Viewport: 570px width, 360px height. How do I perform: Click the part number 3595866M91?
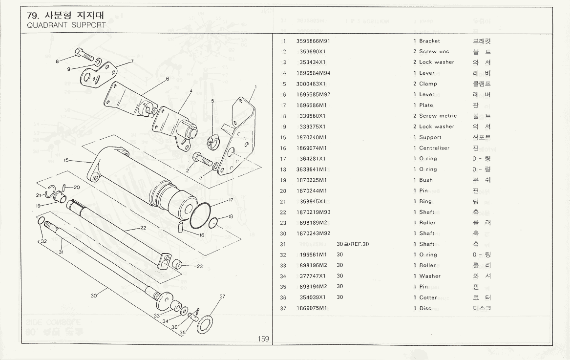313,41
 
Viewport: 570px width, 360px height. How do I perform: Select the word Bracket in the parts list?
429,41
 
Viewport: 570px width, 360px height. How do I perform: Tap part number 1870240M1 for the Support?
311,137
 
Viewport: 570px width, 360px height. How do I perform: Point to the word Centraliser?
434,148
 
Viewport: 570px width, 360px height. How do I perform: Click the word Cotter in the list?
428,297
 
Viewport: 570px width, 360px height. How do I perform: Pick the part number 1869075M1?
311,308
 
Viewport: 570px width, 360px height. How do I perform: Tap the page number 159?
263,339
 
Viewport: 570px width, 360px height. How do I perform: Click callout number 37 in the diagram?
222,296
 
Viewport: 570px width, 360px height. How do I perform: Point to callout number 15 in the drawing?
66,160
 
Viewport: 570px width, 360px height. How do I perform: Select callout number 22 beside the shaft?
143,228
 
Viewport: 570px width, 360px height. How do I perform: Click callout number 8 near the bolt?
58,61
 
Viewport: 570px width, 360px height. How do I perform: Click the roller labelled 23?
178,265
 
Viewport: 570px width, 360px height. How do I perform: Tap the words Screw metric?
438,116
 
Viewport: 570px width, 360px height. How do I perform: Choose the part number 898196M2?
313,265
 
